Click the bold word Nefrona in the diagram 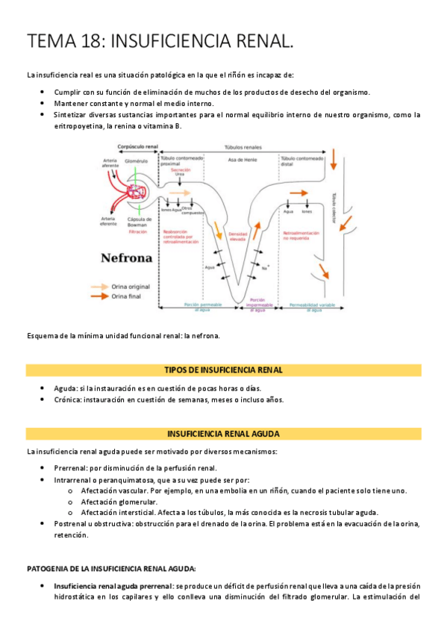pos(126,258)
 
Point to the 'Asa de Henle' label pos(239,159)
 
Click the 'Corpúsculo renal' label pos(133,146)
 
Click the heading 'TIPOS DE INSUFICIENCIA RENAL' pos(223,370)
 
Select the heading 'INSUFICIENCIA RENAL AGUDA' pos(223,433)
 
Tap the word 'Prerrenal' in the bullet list pos(70,467)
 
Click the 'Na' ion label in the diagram pos(264,266)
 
